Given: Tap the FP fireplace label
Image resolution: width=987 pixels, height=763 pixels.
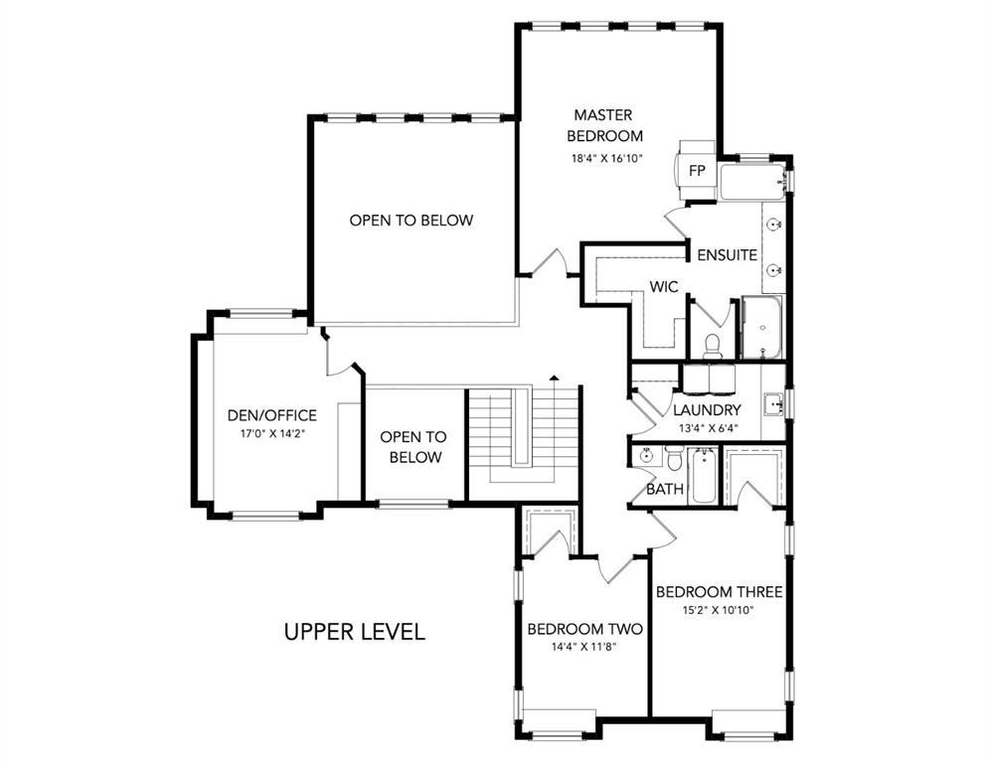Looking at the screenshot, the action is click(697, 171).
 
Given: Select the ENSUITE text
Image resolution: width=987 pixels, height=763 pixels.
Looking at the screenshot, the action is click(727, 254).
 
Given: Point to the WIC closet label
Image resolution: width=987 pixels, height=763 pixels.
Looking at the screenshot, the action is click(664, 287).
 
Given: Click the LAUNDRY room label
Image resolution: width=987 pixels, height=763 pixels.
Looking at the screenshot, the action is click(707, 410).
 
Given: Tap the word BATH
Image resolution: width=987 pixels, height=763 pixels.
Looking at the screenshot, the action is click(665, 489).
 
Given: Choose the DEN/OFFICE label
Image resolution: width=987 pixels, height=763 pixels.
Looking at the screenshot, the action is click(272, 415).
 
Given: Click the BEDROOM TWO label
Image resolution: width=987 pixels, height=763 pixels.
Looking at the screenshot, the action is click(584, 629).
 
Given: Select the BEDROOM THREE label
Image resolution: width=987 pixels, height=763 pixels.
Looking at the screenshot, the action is click(720, 592).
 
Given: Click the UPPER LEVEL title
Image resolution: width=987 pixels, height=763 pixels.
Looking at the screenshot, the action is click(355, 631).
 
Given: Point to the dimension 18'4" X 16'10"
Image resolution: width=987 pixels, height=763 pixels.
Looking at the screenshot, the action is click(606, 159).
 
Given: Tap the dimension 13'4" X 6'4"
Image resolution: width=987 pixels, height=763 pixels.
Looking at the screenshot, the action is click(708, 428).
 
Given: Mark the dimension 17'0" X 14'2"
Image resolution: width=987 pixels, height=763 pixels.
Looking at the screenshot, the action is click(272, 433).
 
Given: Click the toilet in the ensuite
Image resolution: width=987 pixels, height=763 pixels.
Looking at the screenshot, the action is click(712, 347).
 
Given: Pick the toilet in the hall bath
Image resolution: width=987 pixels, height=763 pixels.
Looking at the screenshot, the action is click(674, 459).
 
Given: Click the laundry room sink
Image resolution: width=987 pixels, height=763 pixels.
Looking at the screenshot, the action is click(773, 404).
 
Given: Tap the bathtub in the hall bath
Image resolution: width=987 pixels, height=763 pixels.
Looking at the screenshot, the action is click(703, 476).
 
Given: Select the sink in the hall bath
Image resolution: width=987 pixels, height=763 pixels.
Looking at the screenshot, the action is click(646, 455).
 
